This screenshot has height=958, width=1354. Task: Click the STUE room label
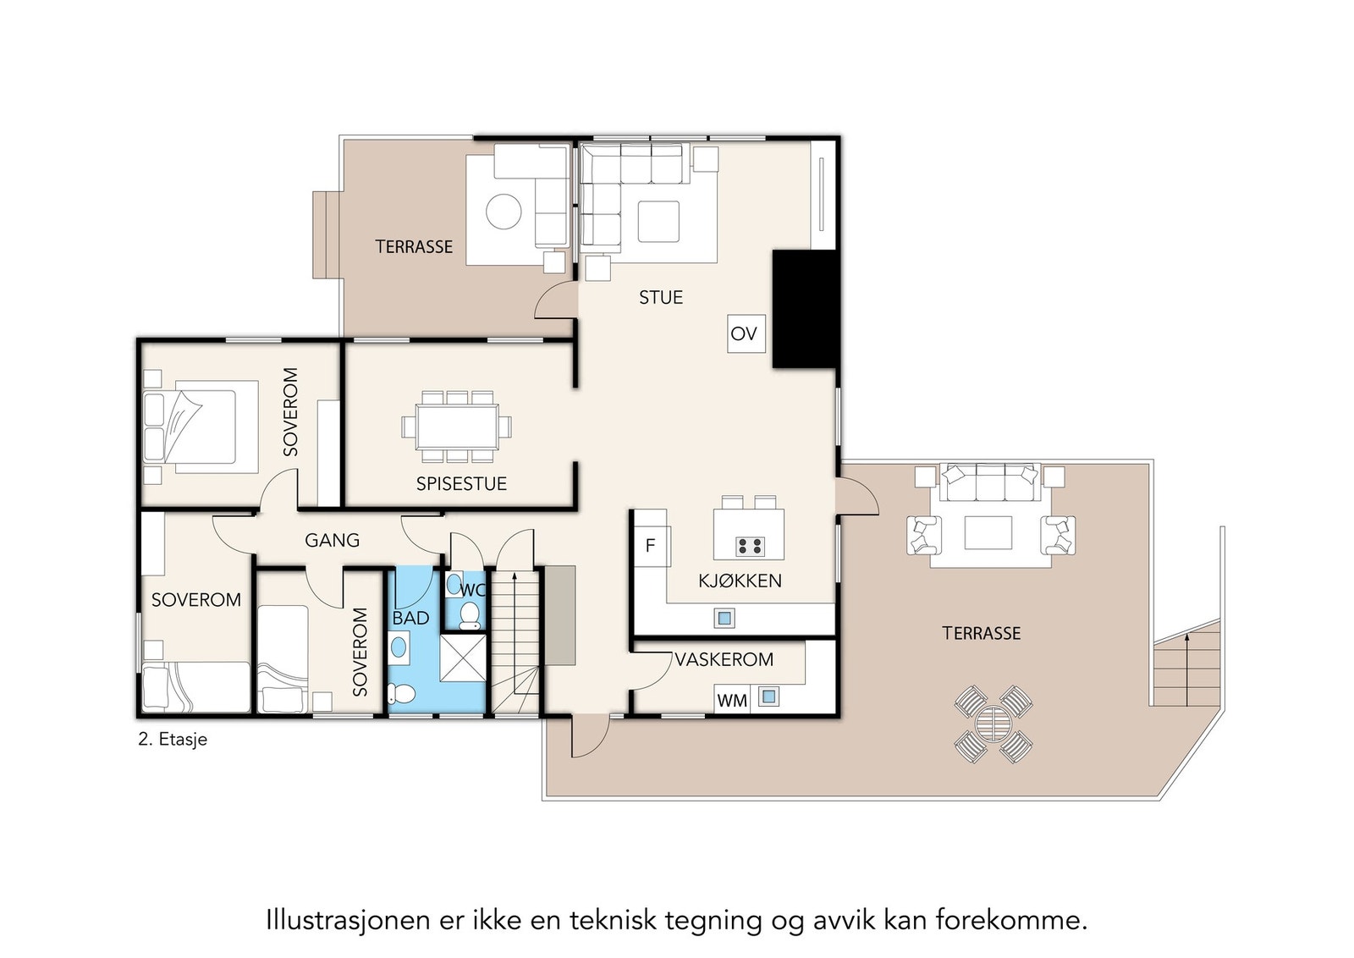(660, 298)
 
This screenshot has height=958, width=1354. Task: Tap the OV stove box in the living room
(745, 333)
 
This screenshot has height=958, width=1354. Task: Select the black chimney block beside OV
(805, 309)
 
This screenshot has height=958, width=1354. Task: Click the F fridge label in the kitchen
(650, 546)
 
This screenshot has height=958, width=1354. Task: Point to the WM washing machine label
(732, 701)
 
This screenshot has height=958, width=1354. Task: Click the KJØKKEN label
(740, 581)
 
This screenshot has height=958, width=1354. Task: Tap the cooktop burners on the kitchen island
(750, 546)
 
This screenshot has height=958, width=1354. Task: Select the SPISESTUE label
(461, 484)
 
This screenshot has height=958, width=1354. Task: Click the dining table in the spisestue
(456, 427)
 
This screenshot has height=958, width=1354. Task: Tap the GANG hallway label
(332, 540)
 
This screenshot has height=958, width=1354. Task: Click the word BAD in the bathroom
(410, 619)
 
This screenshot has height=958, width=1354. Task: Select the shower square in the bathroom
(463, 657)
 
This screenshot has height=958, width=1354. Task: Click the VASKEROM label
(724, 659)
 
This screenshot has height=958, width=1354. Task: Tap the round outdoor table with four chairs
(993, 724)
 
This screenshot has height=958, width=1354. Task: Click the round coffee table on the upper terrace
(504, 212)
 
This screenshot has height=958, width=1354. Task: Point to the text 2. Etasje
(173, 739)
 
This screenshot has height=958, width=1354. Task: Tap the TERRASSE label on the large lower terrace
(982, 633)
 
